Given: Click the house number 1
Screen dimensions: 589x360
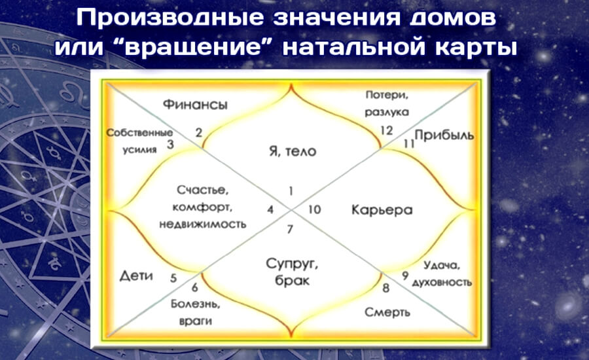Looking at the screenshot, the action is coord(291,191).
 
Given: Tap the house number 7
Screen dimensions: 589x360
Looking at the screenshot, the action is coord(290,229).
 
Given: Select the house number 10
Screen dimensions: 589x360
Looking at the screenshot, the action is coord(314,209).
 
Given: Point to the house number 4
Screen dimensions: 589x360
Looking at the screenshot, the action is coord(270,209).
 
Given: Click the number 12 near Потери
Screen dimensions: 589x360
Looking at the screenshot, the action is coord(386,130).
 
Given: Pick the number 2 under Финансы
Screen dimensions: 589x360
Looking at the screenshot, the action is coord(199,132).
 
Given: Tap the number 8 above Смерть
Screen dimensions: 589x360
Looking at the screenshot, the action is coord(385,288).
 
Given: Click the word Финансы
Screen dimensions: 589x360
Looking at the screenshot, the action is coord(195,104).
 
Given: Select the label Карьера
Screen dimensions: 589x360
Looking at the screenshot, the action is coord(382,209).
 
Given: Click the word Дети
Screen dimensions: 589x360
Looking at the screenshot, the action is coord(136,276).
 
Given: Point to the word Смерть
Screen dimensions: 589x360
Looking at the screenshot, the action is coord(387,312).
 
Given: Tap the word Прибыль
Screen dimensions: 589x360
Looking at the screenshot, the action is coord(444,135).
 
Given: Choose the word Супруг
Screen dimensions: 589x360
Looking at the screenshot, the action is coord(292,264).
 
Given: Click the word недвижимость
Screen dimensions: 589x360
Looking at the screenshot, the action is coord(203,225).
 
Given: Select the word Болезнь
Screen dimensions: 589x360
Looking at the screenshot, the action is coord(196,304).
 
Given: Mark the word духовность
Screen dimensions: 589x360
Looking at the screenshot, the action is coord(442,282).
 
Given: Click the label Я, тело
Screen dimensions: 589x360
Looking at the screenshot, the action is coord(293,151).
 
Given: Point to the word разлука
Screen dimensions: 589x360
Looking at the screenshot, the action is coord(387,112).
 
